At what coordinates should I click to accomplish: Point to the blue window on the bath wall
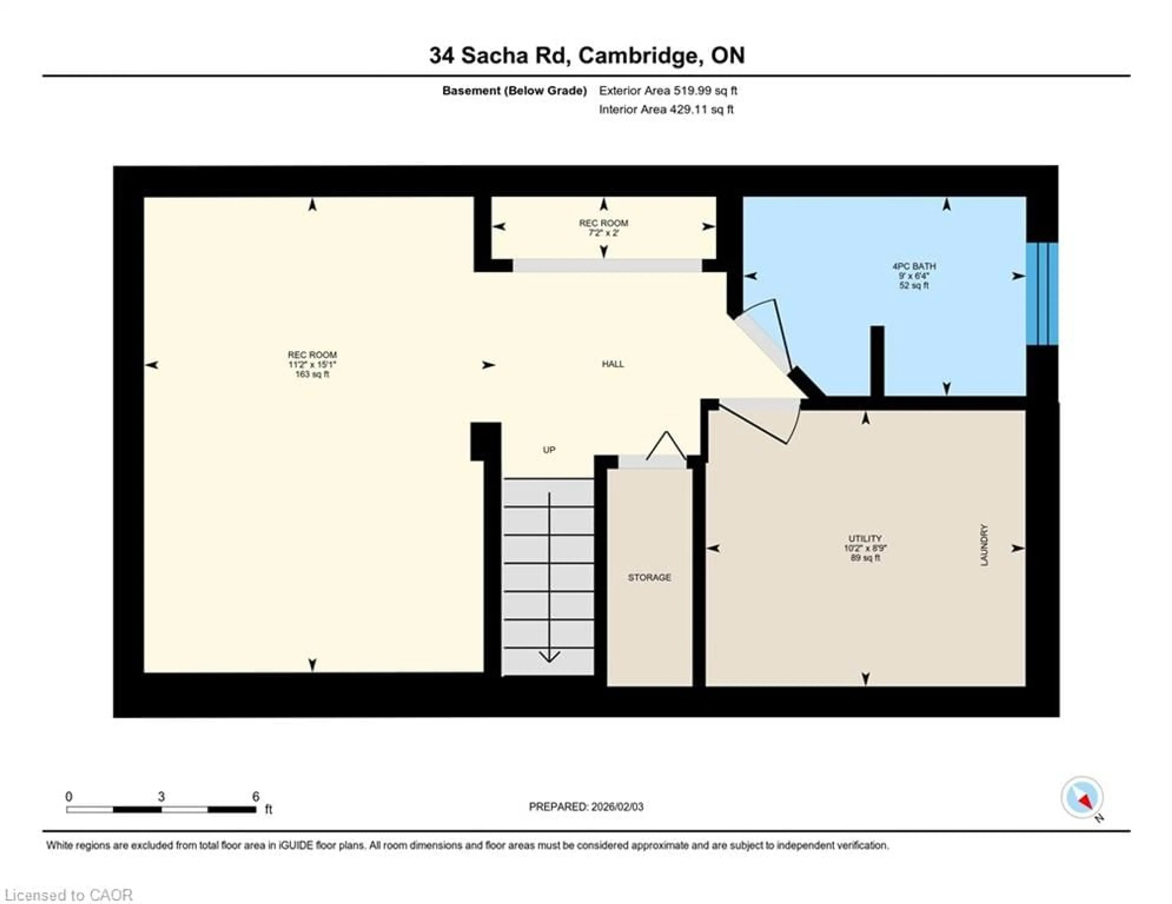pos(1042,294)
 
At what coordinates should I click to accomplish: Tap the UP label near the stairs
pos(548,450)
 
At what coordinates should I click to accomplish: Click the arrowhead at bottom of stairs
pos(549,657)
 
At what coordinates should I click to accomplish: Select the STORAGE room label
pos(649,577)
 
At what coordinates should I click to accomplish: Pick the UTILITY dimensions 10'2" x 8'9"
pos(865,548)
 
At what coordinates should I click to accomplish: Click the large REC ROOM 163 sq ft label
pos(312,364)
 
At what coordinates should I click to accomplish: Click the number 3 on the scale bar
pos(161,796)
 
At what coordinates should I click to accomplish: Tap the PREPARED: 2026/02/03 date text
pos(586,806)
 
